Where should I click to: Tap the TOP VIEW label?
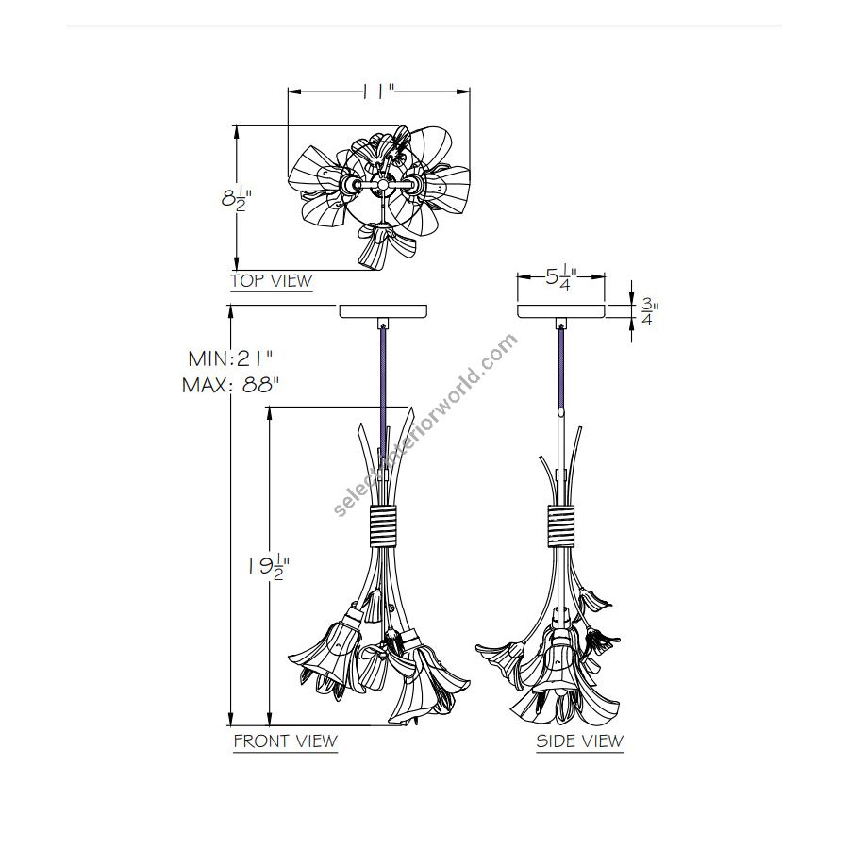point(272,281)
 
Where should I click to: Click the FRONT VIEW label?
point(285,741)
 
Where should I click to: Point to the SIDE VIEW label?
point(580,741)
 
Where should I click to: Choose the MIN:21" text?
point(230,358)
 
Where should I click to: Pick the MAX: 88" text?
point(231,386)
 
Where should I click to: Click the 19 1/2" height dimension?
point(269,567)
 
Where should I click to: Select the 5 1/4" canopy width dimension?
point(560,277)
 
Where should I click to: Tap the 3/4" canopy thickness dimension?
point(649,312)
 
